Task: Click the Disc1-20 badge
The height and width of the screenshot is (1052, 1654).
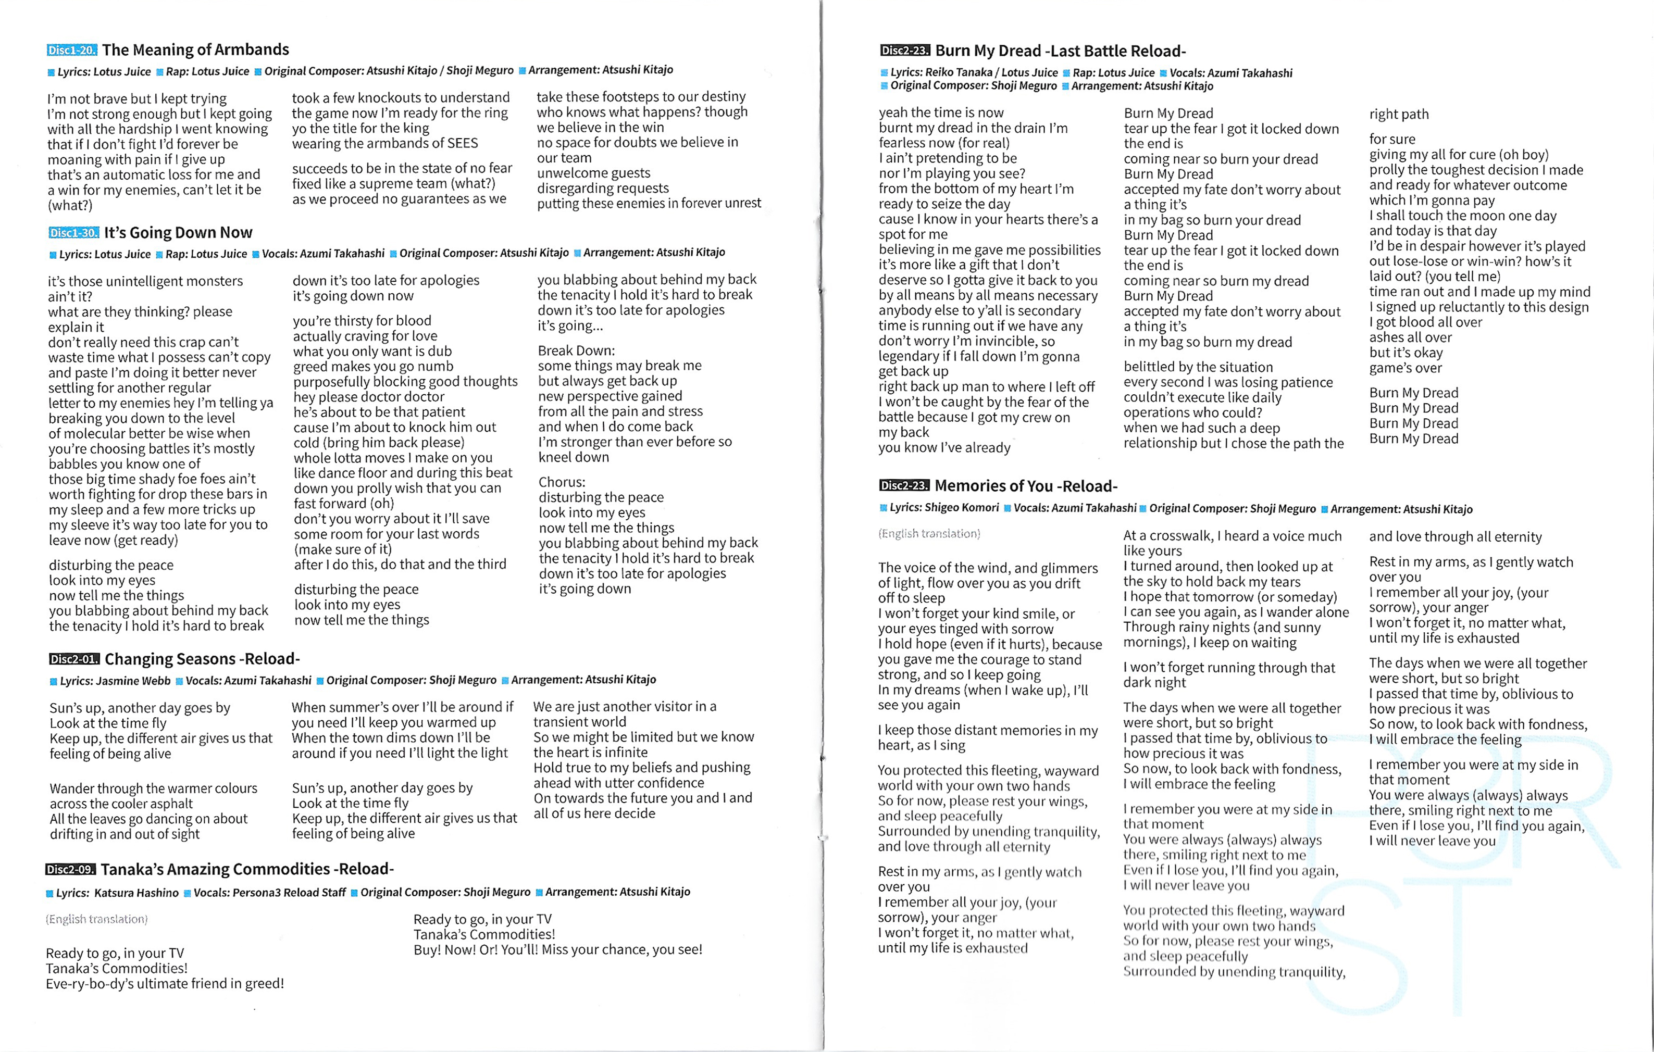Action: [72, 50]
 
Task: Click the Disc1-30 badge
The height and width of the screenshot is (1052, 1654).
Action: [73, 233]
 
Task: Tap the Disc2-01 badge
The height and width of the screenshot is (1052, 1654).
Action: [74, 659]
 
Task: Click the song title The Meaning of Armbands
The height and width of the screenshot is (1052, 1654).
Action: [196, 49]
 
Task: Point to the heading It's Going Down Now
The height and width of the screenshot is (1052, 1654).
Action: [179, 233]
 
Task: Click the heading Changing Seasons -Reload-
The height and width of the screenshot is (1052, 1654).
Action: [202, 659]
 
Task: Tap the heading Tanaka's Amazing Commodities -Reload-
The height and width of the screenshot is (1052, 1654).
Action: [247, 869]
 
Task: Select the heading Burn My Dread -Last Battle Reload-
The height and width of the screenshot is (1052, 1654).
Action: [1061, 51]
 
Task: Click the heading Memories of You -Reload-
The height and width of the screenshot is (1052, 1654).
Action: [1026, 486]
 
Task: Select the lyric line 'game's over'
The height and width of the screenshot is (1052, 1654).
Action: [1406, 368]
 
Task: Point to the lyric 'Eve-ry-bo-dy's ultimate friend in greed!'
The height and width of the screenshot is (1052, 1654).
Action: [165, 984]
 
